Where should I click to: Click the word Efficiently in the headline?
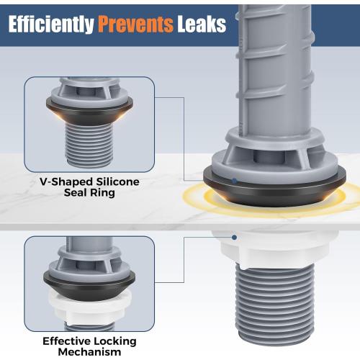pos(51,24)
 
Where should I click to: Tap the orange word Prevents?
pos(135,24)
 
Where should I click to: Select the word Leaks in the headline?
pos(202,24)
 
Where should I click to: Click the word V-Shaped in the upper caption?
pos(66,181)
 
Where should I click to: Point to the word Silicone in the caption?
pos(117,181)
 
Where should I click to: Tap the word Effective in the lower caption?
pos(66,341)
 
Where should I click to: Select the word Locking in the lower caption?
pos(115,341)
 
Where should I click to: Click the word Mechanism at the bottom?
pos(89,352)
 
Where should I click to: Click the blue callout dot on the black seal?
pos(235,181)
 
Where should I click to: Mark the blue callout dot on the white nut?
pos(235,238)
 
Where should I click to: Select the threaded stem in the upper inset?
pos(89,145)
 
